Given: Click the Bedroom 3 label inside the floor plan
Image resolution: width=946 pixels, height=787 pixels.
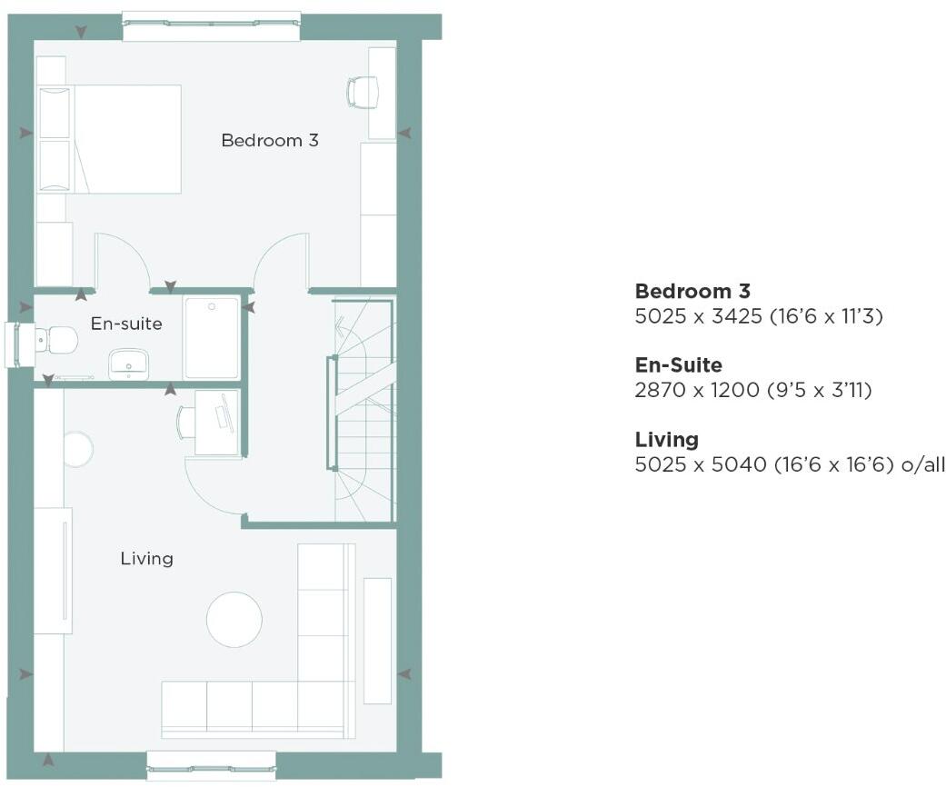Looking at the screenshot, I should pyautogui.click(x=270, y=141).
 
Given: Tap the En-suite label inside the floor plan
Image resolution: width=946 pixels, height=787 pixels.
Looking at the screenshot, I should pyautogui.click(x=126, y=324).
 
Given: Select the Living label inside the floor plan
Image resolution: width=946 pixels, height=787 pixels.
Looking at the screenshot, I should pyautogui.click(x=146, y=558).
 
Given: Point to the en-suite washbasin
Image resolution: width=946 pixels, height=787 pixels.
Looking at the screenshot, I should pyautogui.click(x=128, y=364).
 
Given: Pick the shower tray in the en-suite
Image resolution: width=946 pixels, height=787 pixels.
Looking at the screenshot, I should pyautogui.click(x=212, y=336).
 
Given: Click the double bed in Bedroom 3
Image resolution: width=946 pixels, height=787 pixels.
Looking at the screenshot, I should pyautogui.click(x=109, y=139).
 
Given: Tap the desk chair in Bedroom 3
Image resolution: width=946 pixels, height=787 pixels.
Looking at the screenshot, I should pyautogui.click(x=362, y=92).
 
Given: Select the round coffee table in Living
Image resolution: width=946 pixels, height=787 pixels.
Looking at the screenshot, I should pyautogui.click(x=234, y=620).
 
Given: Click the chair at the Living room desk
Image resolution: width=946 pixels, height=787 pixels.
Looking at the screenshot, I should pyautogui.click(x=186, y=421).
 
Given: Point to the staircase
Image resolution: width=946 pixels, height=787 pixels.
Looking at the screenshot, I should pyautogui.click(x=362, y=409).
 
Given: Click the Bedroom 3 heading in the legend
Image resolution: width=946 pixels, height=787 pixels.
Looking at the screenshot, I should pyautogui.click(x=692, y=292).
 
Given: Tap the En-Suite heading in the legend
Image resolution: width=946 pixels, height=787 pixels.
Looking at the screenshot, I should pyautogui.click(x=678, y=365).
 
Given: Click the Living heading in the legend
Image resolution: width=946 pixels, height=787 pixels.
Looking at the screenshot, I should pyautogui.click(x=666, y=440).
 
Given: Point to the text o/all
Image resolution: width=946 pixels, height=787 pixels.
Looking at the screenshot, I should pyautogui.click(x=922, y=465).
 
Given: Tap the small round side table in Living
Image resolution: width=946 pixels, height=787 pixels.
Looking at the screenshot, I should pyautogui.click(x=77, y=449).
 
